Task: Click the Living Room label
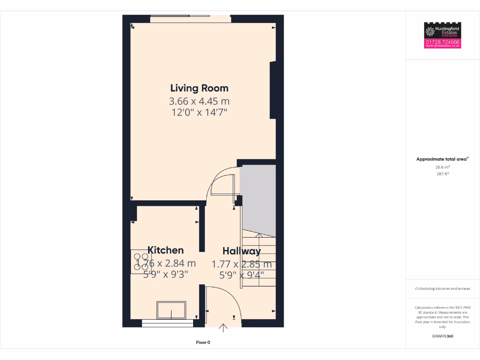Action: (x=199, y=88)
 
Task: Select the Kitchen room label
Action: (x=165, y=250)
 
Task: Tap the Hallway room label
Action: (x=241, y=251)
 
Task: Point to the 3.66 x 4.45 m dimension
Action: (x=199, y=101)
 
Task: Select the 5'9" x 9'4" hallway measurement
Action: (x=241, y=275)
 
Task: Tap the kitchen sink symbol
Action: (x=172, y=310)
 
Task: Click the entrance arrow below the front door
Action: (x=224, y=328)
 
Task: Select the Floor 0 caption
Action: (x=203, y=343)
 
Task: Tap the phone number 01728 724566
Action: (x=442, y=42)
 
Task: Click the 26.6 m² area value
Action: (x=442, y=167)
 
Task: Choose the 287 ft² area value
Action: (x=442, y=174)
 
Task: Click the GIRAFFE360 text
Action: (x=442, y=336)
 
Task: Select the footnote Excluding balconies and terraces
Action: (x=442, y=289)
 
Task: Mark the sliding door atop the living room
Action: (x=190, y=19)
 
